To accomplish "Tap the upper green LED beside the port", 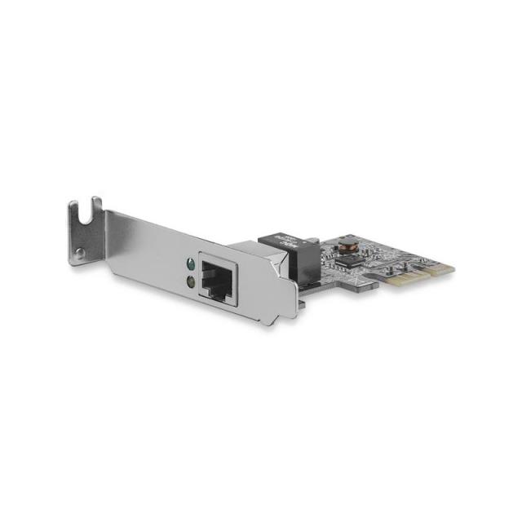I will pos(189,265).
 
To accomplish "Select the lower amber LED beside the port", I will pos(190,281).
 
